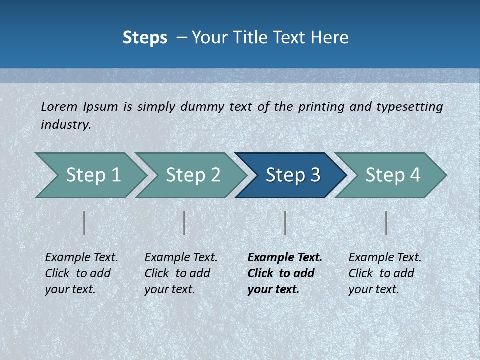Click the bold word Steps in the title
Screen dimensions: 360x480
coord(145,38)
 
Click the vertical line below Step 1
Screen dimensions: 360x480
coord(84,223)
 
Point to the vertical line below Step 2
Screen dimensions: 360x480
coord(184,223)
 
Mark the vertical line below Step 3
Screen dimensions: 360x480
coord(285,223)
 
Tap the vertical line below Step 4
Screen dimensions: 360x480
coord(386,223)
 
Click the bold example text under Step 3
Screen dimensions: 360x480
coord(284,273)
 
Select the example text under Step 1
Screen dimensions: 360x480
coord(81,273)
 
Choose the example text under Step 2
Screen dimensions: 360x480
coord(180,273)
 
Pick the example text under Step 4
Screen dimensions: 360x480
coord(384,273)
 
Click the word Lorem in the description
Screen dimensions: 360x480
coord(60,106)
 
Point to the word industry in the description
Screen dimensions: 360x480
coord(65,124)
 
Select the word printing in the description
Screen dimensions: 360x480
coord(321,107)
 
